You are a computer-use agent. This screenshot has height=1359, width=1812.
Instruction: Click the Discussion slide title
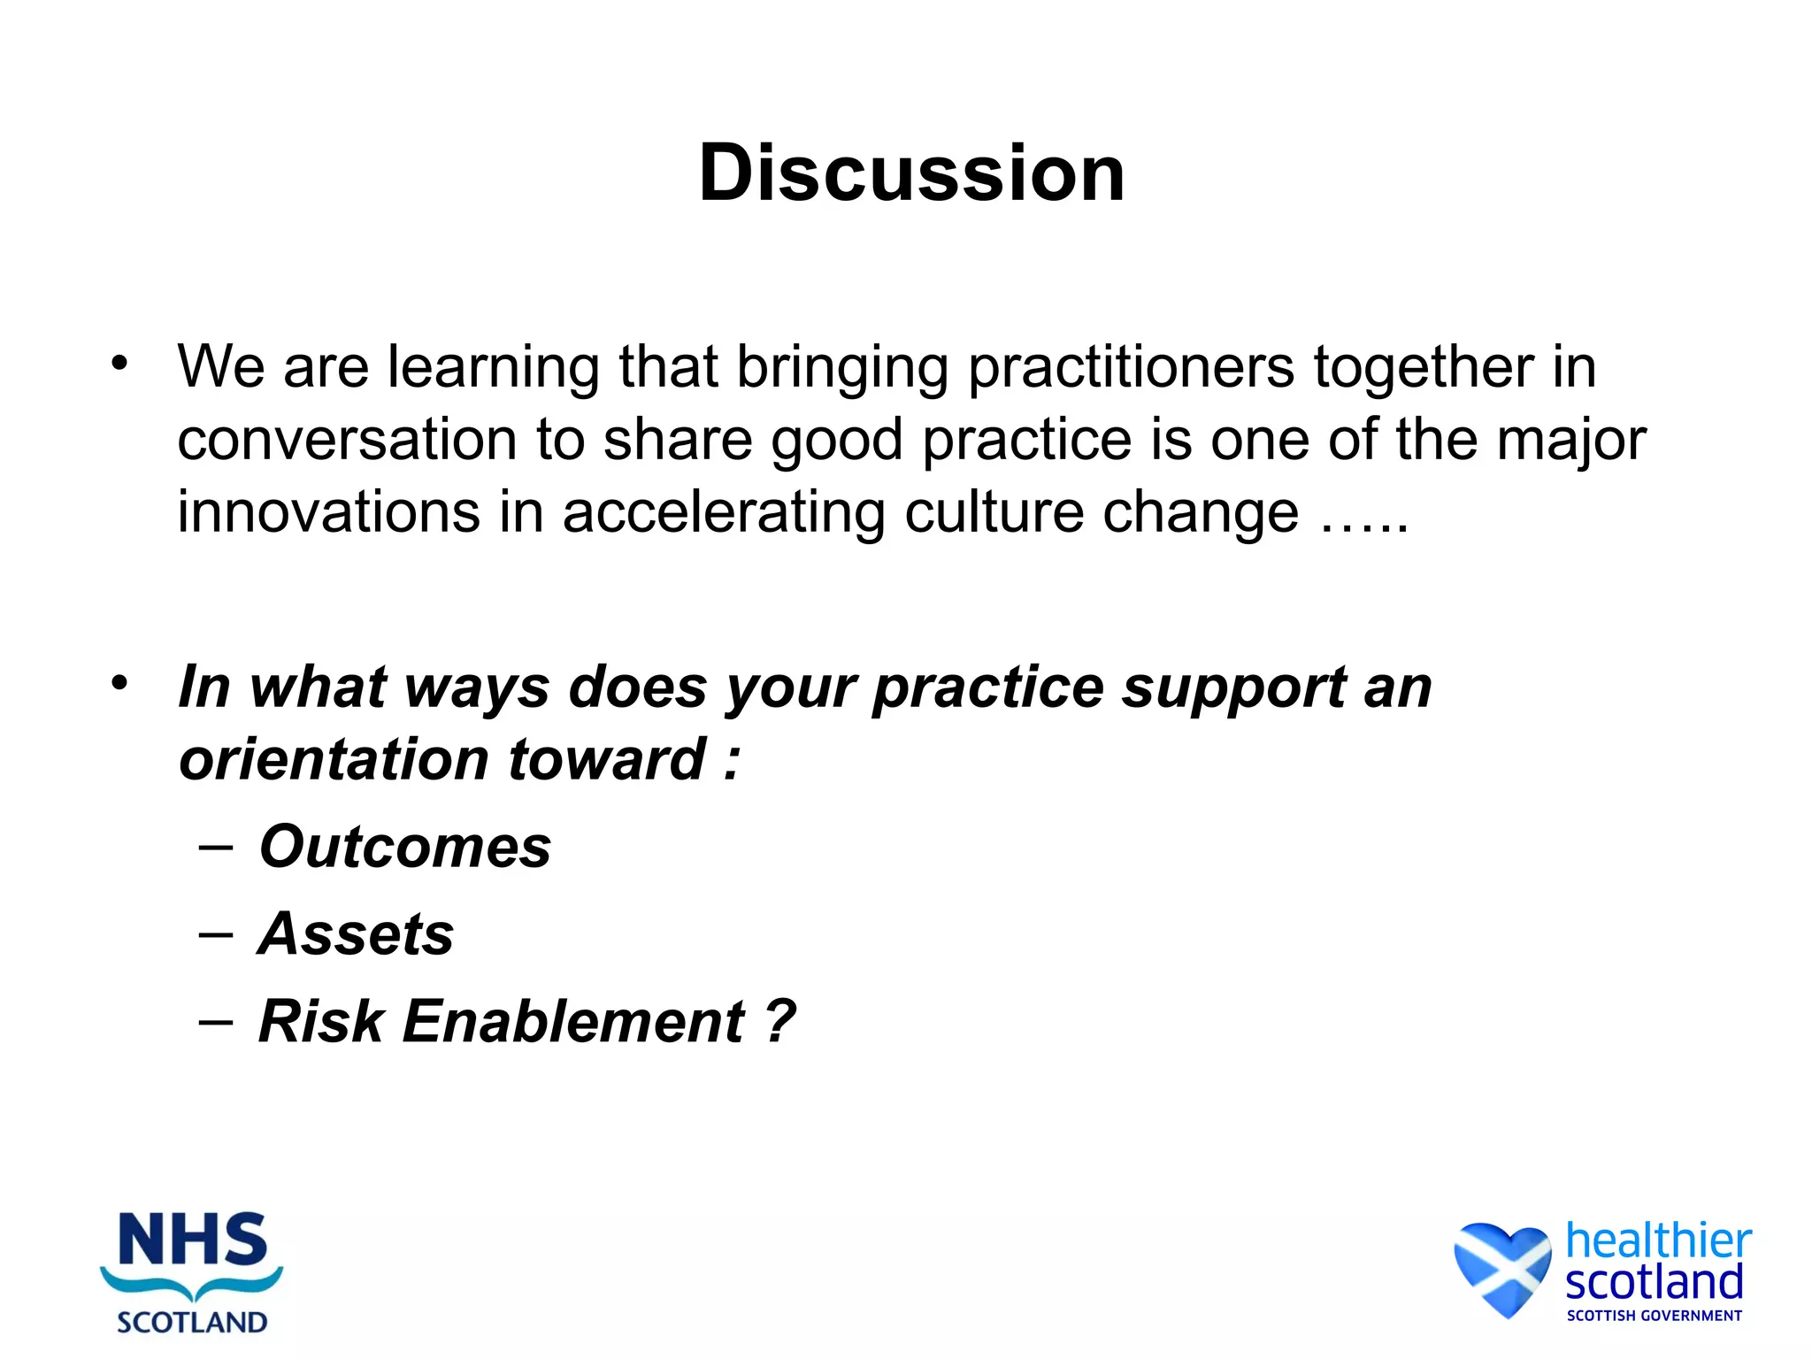click(x=911, y=173)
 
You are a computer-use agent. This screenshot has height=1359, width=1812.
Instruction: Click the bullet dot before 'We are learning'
click(x=120, y=363)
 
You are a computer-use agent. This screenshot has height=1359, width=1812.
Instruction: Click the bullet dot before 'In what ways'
click(x=120, y=683)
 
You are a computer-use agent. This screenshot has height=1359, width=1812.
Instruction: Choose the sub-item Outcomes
click(x=405, y=847)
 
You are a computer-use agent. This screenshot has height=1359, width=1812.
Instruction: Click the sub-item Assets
click(x=356, y=934)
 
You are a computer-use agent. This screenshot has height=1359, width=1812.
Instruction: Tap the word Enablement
click(x=574, y=1022)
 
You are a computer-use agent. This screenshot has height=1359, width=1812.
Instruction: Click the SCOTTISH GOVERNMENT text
click(x=1654, y=1316)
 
